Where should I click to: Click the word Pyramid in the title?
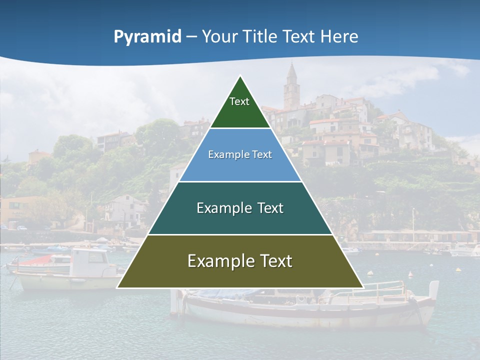point(147,37)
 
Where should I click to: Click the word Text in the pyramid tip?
point(239,101)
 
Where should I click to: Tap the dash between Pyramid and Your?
point(191,37)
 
